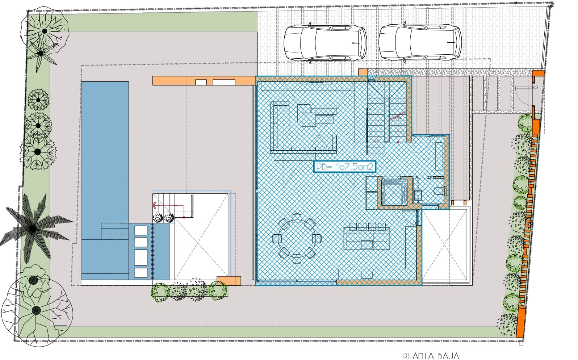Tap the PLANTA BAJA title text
pyautogui.click(x=431, y=356)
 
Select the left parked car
pyautogui.click(x=325, y=42)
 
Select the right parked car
pyautogui.click(x=420, y=42)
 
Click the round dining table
pyautogui.click(x=297, y=238)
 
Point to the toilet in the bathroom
pyautogui.click(x=438, y=191)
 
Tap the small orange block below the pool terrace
pyautogui.click(x=229, y=281)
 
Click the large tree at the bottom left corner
pyautogui.click(x=36, y=310)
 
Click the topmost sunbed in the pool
pyautogui.click(x=141, y=230)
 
